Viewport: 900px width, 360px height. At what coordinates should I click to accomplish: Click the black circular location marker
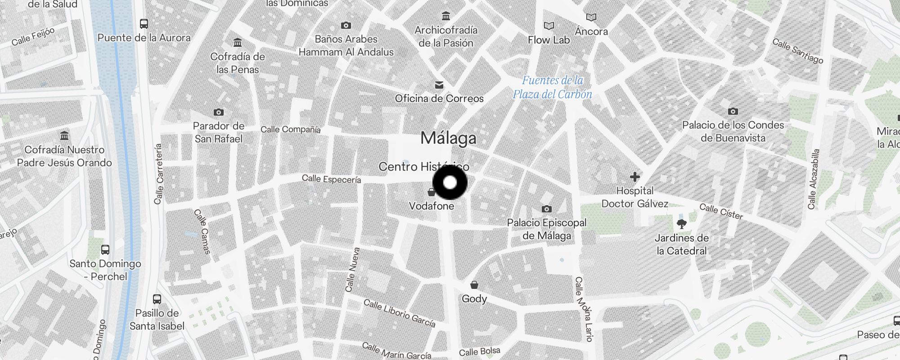[450, 183]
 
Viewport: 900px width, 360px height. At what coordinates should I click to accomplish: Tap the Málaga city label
[448, 138]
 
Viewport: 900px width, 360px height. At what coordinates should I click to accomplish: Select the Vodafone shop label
[432, 206]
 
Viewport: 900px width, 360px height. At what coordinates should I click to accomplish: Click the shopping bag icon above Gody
[474, 285]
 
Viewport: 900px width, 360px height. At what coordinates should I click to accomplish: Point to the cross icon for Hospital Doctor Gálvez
[635, 177]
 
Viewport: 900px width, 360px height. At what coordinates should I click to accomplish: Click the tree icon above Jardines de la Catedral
[682, 224]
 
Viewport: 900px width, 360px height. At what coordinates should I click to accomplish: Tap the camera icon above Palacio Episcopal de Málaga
[547, 209]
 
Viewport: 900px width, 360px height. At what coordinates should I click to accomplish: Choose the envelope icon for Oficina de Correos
[439, 85]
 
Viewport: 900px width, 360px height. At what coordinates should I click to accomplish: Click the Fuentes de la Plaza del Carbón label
[553, 87]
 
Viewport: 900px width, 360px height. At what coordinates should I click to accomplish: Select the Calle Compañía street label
[291, 130]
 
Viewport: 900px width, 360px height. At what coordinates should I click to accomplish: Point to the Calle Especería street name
[331, 179]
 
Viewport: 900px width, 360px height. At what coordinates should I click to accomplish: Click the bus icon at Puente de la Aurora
[144, 24]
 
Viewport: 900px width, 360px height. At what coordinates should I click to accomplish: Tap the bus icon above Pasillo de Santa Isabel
[157, 299]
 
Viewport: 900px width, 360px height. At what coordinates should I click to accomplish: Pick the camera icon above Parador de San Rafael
[219, 112]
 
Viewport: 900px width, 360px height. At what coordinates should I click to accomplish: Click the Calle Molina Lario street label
[584, 309]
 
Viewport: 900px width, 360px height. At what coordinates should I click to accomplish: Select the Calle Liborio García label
[400, 313]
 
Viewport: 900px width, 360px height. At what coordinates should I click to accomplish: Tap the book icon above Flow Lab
[549, 26]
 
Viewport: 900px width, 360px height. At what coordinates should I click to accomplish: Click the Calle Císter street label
[721, 211]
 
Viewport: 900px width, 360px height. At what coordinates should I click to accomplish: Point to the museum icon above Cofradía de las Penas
[238, 43]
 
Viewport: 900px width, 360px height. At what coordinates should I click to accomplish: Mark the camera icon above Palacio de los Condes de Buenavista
[733, 111]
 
